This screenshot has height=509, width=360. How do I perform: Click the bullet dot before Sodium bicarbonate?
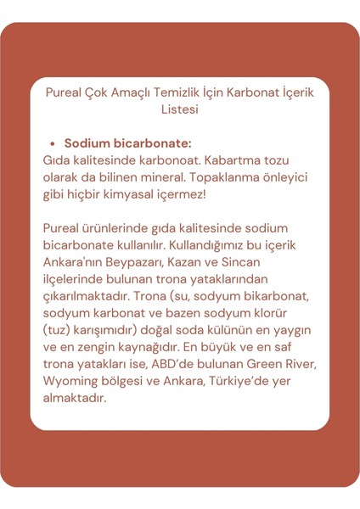(53, 144)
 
